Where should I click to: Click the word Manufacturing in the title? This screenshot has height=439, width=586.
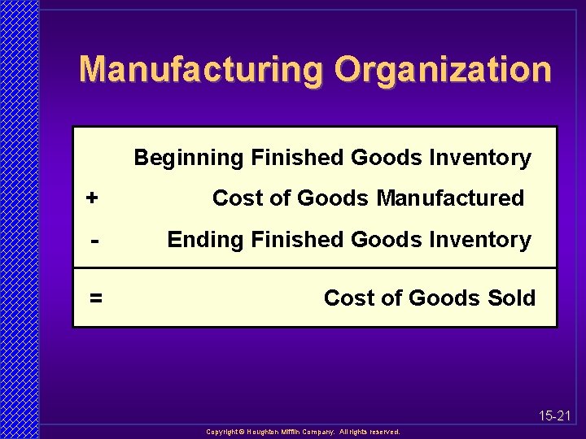[x=203, y=70]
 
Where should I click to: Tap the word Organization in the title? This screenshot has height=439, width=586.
[x=443, y=70]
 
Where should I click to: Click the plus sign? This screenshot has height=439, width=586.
[x=93, y=198]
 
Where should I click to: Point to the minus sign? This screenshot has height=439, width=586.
[x=95, y=241]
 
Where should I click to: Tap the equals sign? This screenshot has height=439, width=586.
[x=96, y=298]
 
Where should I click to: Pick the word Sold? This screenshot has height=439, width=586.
[x=512, y=298]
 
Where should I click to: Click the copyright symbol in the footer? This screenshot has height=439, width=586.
[x=241, y=432]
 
